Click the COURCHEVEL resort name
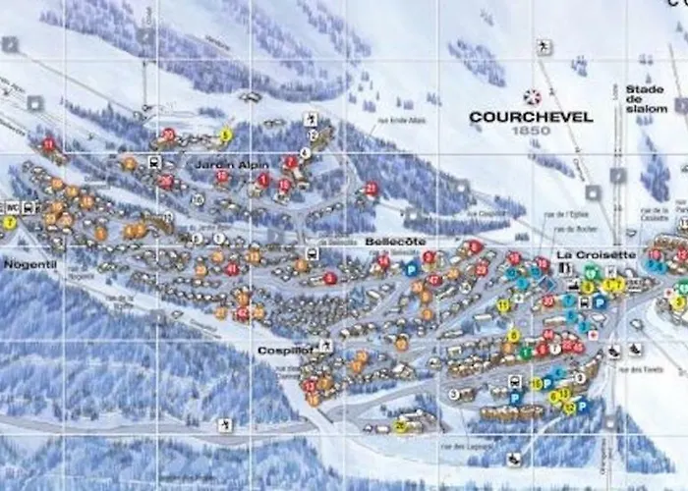coord(531,117)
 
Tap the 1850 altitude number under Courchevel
coord(532,130)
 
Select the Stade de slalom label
coord(646,98)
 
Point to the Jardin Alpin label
coord(218,164)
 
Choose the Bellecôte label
coord(395,241)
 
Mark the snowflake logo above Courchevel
coord(532,97)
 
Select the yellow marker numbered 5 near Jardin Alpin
coord(225,135)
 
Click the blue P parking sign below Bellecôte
coord(411,268)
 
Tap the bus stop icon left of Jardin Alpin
coord(154,162)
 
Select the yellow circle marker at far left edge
coord(9,223)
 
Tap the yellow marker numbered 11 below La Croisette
coord(503,305)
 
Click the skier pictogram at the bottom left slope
coord(226,424)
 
